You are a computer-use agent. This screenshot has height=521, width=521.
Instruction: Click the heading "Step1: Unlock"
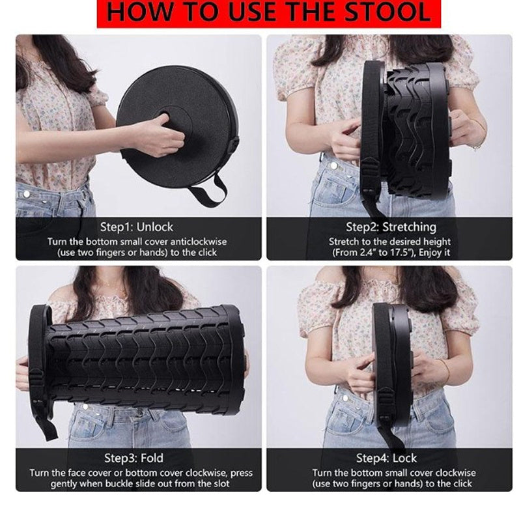pyautogui.click(x=137, y=227)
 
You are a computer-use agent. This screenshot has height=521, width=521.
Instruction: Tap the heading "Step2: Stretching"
pyautogui.click(x=391, y=227)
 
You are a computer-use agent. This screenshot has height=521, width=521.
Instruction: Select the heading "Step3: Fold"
pyautogui.click(x=134, y=458)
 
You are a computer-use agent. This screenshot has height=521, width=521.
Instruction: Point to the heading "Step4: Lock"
pyautogui.click(x=386, y=458)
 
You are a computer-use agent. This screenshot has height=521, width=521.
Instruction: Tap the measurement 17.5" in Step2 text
pyautogui.click(x=402, y=253)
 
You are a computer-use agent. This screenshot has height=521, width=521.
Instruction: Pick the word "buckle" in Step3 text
pyautogui.click(x=137, y=483)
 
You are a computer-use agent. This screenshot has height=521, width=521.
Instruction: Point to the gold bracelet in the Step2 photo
pyautogui.click(x=479, y=135)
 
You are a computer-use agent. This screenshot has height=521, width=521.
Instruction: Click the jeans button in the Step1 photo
pyautogui.click(x=27, y=193)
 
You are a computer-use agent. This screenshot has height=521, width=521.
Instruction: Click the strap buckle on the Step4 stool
pyautogui.click(x=386, y=404)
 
